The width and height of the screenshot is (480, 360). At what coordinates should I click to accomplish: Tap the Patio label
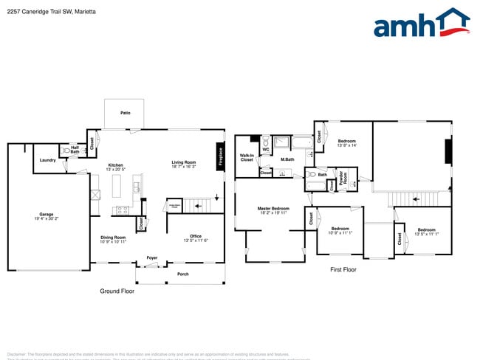coord(126,113)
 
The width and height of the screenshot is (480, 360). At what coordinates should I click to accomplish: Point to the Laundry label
coord(48,159)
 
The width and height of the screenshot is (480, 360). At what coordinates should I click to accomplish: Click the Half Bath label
coord(75,150)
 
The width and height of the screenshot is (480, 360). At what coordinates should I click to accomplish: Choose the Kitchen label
coord(116,165)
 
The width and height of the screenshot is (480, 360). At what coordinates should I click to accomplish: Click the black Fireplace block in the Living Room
coord(220,156)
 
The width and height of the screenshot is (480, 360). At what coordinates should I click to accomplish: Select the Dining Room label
coord(113,237)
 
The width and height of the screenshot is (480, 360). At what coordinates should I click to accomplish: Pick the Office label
coord(196,237)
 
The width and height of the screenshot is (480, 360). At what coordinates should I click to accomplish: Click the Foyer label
coord(151,257)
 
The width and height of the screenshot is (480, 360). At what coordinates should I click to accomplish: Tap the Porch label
coord(182,274)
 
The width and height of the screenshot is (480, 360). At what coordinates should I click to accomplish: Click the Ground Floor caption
coord(117,291)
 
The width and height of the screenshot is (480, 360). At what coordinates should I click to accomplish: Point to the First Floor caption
coord(343,270)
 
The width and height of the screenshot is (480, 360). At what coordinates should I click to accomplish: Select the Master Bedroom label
coord(273,209)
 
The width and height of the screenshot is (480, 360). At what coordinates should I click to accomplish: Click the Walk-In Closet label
coord(247,157)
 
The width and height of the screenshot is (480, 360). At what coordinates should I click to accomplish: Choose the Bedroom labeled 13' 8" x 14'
coord(347,141)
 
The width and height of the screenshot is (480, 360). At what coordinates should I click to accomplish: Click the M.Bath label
coord(287,159)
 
